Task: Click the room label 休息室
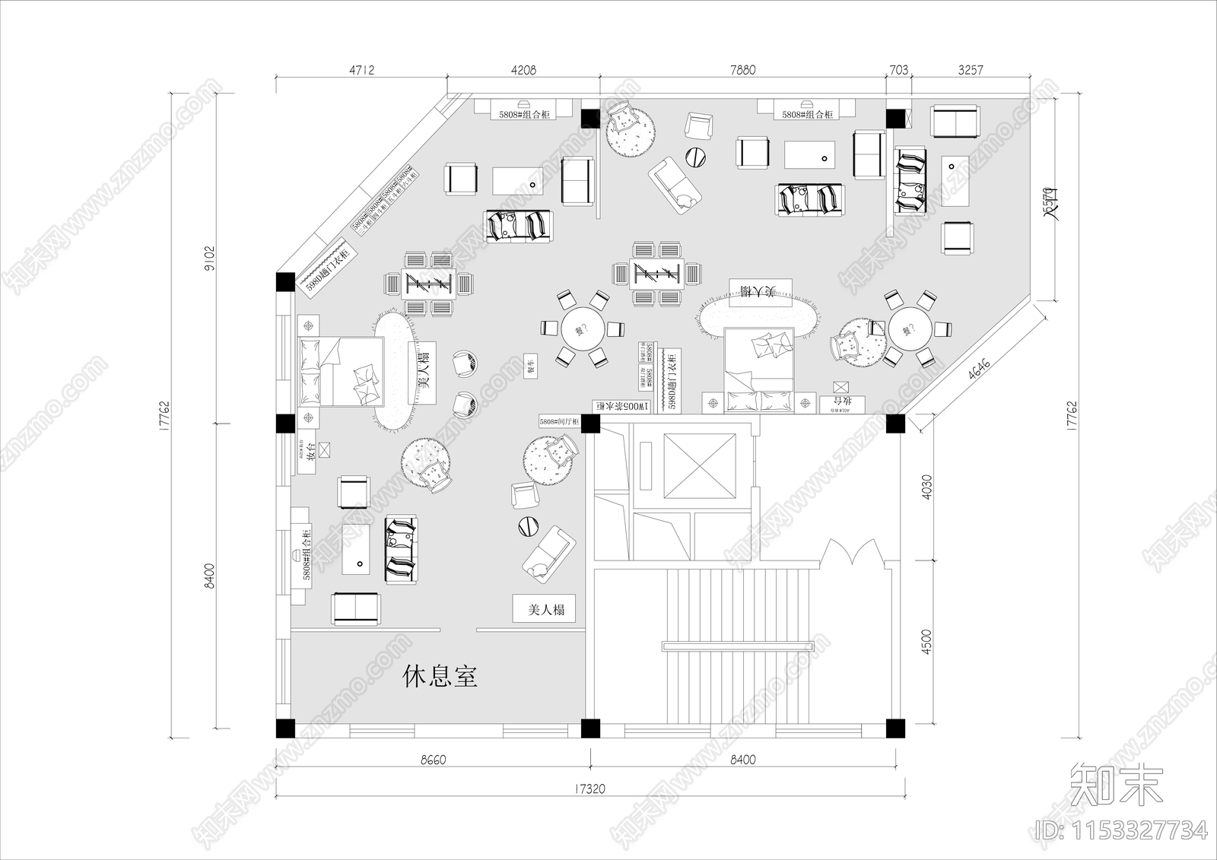click(x=440, y=675)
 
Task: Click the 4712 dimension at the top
click(x=361, y=70)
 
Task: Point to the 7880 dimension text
click(x=742, y=70)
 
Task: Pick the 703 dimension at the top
click(x=898, y=70)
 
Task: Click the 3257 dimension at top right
click(x=970, y=70)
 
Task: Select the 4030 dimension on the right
click(x=926, y=487)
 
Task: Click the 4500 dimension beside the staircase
click(x=926, y=641)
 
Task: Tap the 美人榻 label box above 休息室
click(x=544, y=609)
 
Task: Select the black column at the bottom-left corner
click(x=284, y=728)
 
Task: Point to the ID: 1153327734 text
click(x=1122, y=830)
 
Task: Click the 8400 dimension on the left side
click(x=210, y=576)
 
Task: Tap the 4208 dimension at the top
click(x=523, y=70)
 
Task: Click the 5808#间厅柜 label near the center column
click(x=559, y=421)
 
